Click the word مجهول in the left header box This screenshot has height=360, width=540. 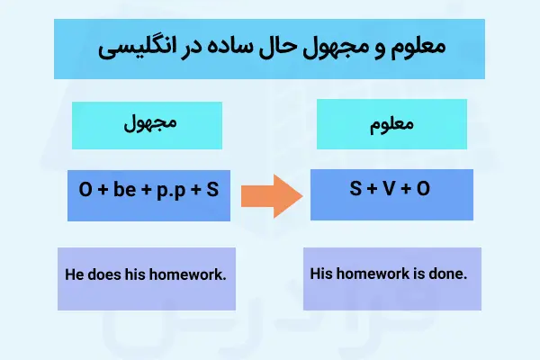coord(147,125)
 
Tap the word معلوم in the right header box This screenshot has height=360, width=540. coord(390,125)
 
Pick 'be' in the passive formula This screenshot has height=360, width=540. coord(121,191)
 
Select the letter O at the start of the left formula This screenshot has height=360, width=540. coord(85,191)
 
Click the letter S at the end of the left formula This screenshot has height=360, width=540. coord(212,191)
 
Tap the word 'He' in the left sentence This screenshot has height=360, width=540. coord(76,274)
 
